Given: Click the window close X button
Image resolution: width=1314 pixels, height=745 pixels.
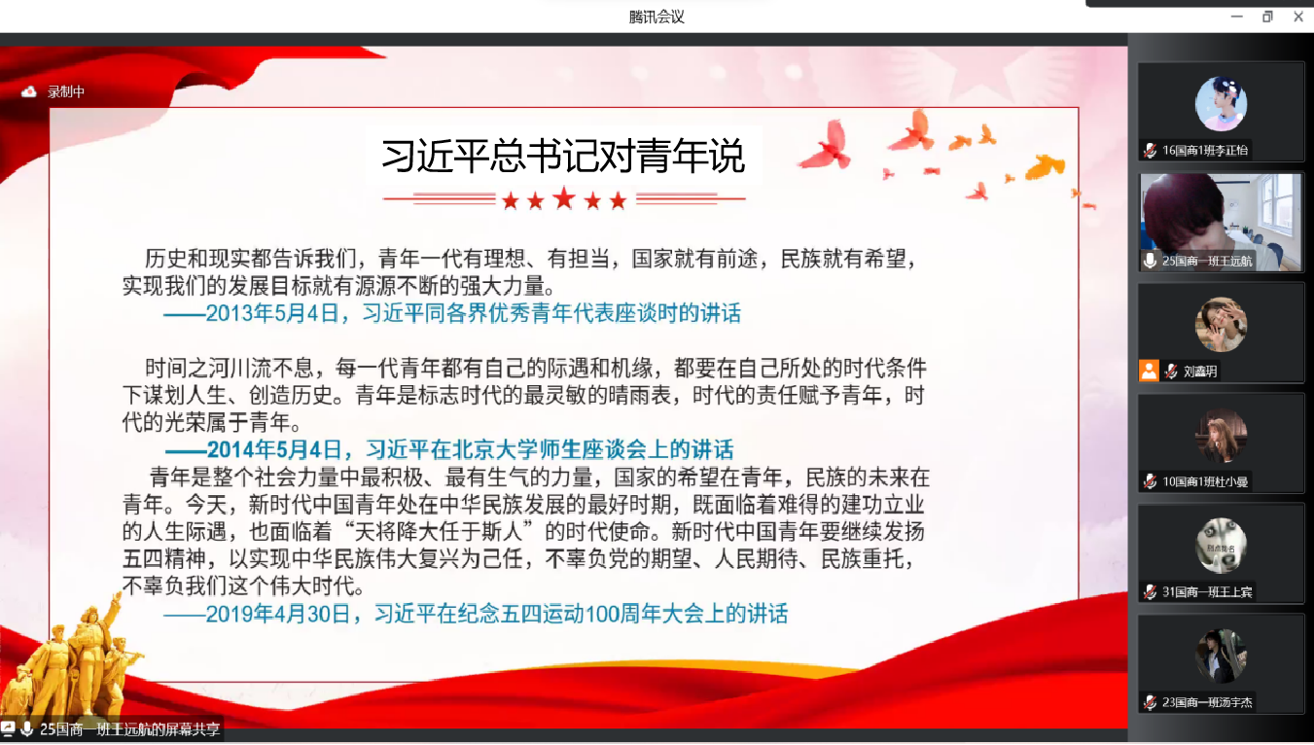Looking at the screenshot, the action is pyautogui.click(x=1297, y=17).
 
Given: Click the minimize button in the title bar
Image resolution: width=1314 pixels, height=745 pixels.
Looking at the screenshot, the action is pyautogui.click(x=1236, y=17).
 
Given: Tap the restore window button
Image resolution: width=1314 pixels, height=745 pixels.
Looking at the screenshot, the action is pyautogui.click(x=1267, y=17).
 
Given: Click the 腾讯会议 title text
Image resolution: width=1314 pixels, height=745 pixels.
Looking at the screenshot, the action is pyautogui.click(x=657, y=17).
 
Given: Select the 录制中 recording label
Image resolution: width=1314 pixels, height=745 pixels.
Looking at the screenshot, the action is pyautogui.click(x=66, y=91).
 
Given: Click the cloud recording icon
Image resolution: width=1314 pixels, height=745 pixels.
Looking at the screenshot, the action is pyautogui.click(x=29, y=91).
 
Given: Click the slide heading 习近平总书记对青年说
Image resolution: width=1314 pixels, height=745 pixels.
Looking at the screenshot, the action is pyautogui.click(x=563, y=156).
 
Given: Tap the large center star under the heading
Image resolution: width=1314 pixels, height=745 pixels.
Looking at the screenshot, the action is pyautogui.click(x=564, y=198).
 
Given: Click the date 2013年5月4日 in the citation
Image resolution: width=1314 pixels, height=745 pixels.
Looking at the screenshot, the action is pyautogui.click(x=272, y=313).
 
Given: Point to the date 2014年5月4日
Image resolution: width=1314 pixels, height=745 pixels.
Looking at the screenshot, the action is pyautogui.click(x=274, y=450).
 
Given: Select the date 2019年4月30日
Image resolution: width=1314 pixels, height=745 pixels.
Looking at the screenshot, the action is pyautogui.click(x=277, y=614).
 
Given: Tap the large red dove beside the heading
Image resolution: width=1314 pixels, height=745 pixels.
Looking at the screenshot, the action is pyautogui.click(x=826, y=147).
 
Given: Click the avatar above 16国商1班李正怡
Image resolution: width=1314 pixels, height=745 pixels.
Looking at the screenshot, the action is pyautogui.click(x=1221, y=104).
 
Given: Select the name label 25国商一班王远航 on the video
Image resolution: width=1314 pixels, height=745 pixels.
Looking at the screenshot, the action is pyautogui.click(x=1207, y=261).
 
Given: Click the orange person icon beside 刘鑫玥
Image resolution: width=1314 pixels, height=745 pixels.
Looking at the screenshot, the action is pyautogui.click(x=1149, y=371).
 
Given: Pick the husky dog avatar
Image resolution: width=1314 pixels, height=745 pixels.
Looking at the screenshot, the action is pyautogui.click(x=1222, y=546).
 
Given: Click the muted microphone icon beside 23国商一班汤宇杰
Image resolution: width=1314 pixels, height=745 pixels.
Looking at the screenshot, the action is pyautogui.click(x=1150, y=702).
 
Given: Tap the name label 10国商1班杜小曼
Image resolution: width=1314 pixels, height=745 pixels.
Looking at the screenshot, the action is pyautogui.click(x=1205, y=481).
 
